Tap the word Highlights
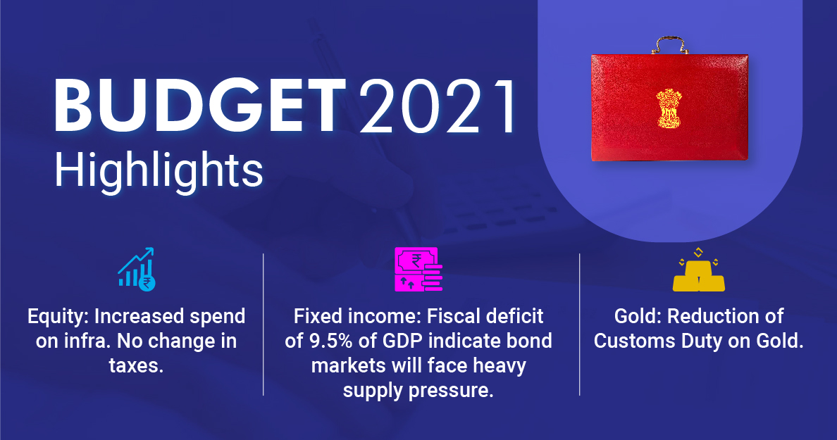[x=159, y=170]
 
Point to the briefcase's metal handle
[x=670, y=44]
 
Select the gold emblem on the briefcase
[x=669, y=109]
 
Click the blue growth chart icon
[x=137, y=269]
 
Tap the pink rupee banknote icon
[x=418, y=269]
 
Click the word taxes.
[x=136, y=365]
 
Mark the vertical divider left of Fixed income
[x=263, y=325]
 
